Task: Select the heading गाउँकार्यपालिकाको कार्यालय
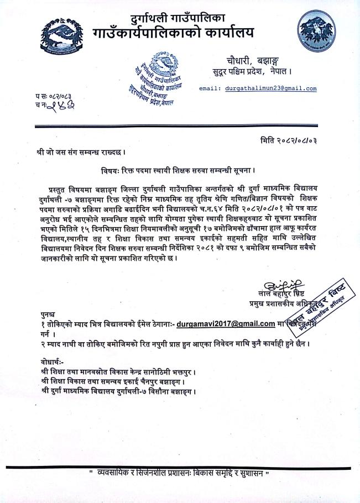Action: (x=182, y=34)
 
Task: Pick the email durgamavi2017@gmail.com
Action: (x=227, y=323)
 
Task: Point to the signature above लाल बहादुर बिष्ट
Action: (x=285, y=285)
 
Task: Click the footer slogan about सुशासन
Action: (x=180, y=474)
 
